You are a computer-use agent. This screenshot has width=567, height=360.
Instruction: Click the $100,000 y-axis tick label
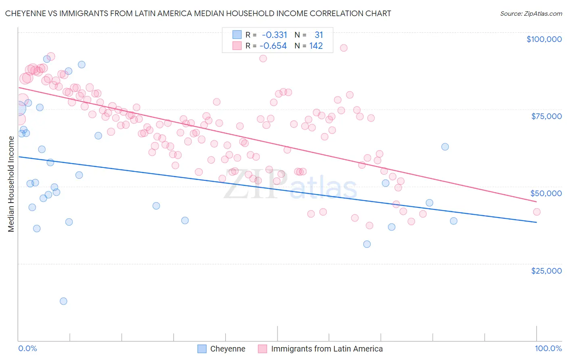(544, 39)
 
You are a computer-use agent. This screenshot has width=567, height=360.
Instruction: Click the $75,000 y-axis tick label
(546, 116)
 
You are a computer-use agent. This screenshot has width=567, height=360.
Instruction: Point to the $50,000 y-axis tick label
(546, 193)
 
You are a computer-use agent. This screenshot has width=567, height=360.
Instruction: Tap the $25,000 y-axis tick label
(546, 271)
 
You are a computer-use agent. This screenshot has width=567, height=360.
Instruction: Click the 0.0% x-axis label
(27, 349)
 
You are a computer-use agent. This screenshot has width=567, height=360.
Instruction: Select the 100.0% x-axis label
(548, 349)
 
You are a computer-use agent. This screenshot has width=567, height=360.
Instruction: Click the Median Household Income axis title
(11, 184)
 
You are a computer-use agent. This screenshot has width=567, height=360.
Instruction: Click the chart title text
(198, 13)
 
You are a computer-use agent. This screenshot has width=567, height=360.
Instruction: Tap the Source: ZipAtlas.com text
(531, 13)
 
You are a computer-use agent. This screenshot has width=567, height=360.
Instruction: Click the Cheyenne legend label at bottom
(227, 349)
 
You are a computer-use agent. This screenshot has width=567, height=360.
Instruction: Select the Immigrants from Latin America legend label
(327, 349)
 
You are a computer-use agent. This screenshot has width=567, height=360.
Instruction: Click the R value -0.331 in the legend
(274, 35)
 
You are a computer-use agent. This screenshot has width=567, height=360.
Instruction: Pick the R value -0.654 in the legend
(273, 46)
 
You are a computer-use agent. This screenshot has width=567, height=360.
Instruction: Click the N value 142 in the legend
(316, 46)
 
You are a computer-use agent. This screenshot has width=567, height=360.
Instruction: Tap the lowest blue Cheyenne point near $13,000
(63, 301)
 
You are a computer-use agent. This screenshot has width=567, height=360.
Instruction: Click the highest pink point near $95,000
(344, 48)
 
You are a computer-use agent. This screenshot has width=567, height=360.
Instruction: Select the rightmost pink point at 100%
(537, 212)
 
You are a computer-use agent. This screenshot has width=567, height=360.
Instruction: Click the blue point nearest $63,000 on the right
(445, 147)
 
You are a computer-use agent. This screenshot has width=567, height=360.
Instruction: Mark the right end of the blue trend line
(537, 222)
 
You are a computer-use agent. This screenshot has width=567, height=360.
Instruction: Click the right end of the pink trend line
(537, 202)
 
